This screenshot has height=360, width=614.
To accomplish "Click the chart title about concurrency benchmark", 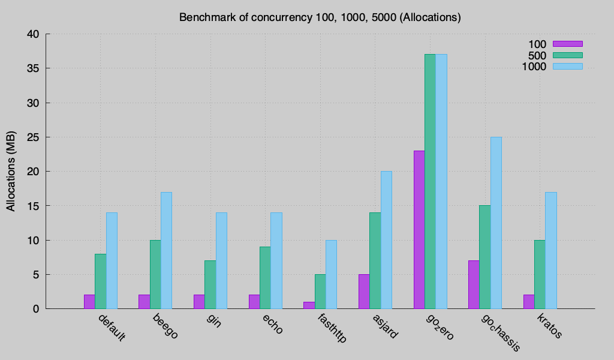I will [x=320, y=17].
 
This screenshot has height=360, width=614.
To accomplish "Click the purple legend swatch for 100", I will [x=567, y=44].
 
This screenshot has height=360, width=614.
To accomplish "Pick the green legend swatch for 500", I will [x=567, y=55].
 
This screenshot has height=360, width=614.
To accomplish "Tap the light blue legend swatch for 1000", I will [x=567, y=67].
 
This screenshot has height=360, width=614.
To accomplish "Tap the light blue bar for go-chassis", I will [x=496, y=223].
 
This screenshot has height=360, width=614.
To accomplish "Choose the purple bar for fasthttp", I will [x=309, y=305].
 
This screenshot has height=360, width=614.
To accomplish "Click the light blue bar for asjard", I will [x=386, y=240].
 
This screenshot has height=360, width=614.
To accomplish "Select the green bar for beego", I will [x=155, y=274].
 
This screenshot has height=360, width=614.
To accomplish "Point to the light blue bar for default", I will [x=112, y=260].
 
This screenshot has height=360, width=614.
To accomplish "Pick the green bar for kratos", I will [x=540, y=274].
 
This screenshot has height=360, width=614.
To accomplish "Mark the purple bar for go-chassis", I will [x=474, y=284].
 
